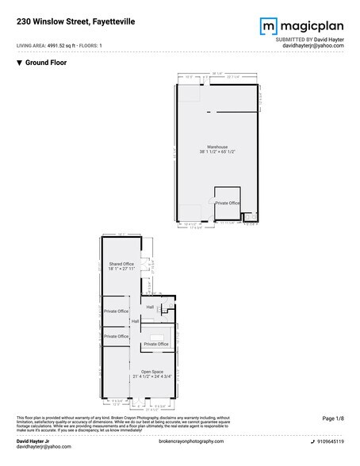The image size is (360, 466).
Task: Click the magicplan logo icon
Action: (x=268, y=27)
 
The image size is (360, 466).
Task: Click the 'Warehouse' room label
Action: (x=218, y=147)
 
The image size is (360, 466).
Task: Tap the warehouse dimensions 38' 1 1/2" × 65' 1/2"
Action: (x=218, y=153)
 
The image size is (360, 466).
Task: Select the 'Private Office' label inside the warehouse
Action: (x=228, y=203)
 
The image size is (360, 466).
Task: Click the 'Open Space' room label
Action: (x=152, y=371)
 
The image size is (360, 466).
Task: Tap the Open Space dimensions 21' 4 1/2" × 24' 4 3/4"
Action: (x=152, y=376)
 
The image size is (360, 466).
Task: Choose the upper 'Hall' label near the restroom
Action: (x=150, y=307)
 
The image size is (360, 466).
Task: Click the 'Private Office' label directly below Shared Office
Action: (x=116, y=311)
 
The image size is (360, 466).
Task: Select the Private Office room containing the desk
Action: (x=156, y=345)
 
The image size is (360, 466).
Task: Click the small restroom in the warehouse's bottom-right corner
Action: (x=247, y=215)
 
